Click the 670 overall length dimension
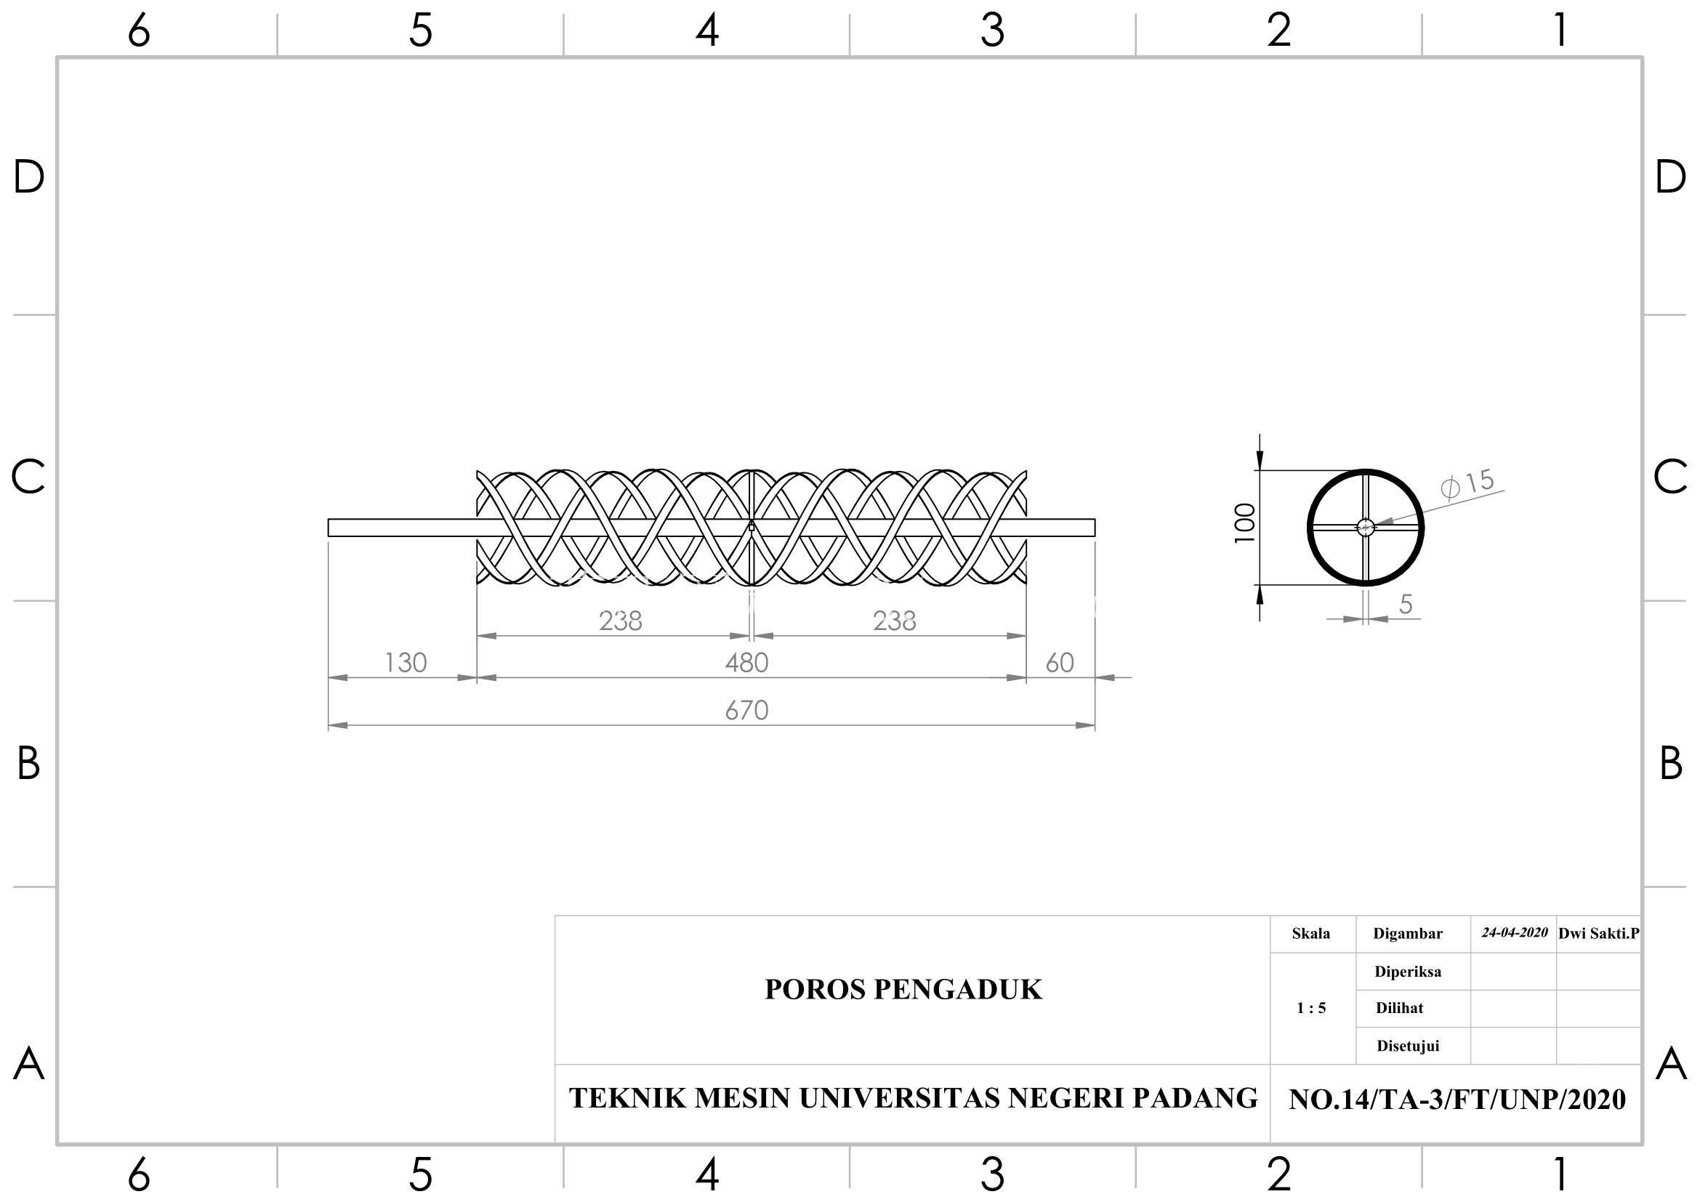(x=746, y=711)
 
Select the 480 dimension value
(x=746, y=663)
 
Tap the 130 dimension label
(x=406, y=663)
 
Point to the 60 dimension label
(x=1060, y=663)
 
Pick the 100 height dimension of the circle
(x=1244, y=523)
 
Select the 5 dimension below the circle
(x=1406, y=605)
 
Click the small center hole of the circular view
(x=1366, y=527)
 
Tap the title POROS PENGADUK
(x=903, y=990)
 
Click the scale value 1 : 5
(x=1311, y=1008)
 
